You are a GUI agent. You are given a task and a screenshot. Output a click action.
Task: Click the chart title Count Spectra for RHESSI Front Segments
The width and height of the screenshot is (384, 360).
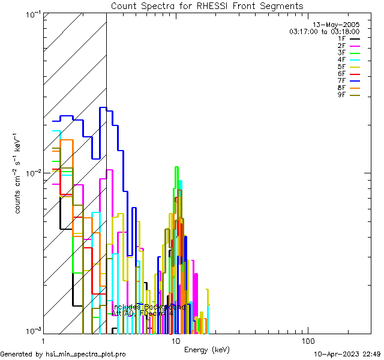(207, 6)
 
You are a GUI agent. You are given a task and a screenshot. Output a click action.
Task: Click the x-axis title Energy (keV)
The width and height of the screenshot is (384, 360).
(207, 350)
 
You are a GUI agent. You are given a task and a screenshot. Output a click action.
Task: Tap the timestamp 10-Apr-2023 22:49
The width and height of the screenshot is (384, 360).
(347, 355)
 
